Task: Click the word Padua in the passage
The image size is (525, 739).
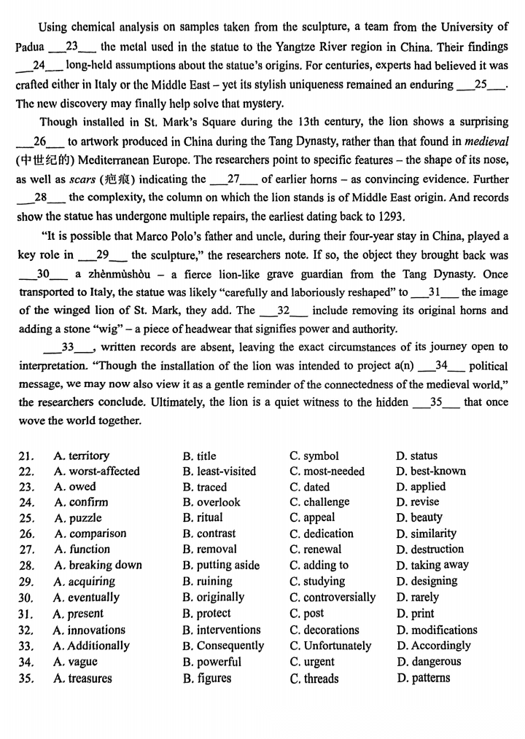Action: point(30,47)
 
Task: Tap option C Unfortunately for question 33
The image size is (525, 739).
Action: point(338,646)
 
